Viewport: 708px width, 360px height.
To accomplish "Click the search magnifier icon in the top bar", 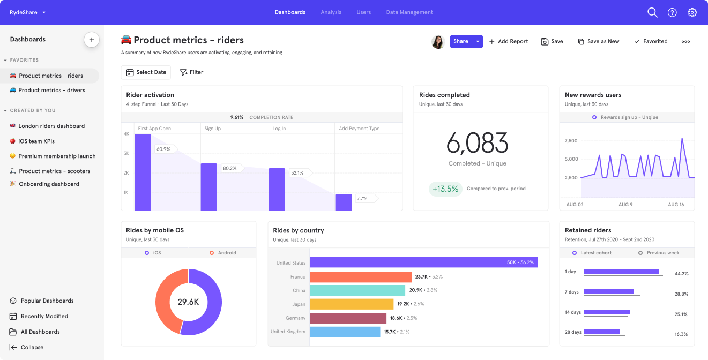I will [x=652, y=12].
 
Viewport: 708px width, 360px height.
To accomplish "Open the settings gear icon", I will [x=692, y=12].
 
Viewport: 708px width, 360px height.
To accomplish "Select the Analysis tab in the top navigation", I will [x=331, y=12].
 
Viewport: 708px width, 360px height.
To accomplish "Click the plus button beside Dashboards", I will [x=92, y=40].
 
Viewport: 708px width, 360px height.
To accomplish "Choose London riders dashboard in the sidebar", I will [x=51, y=126].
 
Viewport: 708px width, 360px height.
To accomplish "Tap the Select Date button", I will [x=146, y=72].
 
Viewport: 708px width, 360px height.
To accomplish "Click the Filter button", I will [x=191, y=72].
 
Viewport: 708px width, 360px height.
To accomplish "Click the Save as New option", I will [x=598, y=41].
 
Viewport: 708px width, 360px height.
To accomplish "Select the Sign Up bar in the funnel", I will [x=208, y=186].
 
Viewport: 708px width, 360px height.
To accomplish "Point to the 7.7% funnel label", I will [x=362, y=199].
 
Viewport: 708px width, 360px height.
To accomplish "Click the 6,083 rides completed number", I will [x=477, y=143].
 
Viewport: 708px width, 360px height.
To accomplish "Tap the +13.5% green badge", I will [x=445, y=189].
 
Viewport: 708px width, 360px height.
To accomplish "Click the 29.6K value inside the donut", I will [x=188, y=302].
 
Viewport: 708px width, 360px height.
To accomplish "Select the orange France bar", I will [x=360, y=277].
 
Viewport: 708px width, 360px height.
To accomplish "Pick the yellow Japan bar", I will [x=352, y=304].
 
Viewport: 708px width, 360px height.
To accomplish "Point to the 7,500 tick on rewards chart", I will [x=571, y=141].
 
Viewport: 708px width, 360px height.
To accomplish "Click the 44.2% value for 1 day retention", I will [x=681, y=274].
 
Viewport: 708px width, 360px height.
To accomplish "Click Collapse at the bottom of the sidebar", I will [x=32, y=347].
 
